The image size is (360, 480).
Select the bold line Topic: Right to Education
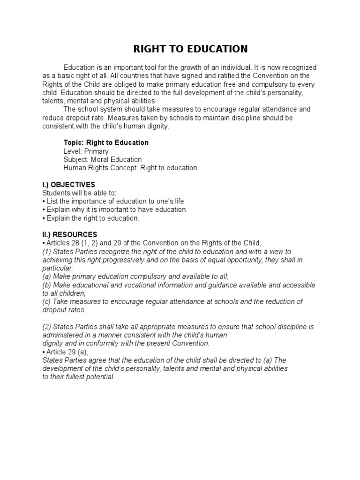click(x=106, y=142)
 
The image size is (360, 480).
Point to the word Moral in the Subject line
click(x=100, y=159)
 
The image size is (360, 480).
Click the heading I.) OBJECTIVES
click(x=68, y=185)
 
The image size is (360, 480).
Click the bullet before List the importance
click(x=44, y=202)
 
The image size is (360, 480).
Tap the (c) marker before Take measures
click(x=46, y=302)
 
